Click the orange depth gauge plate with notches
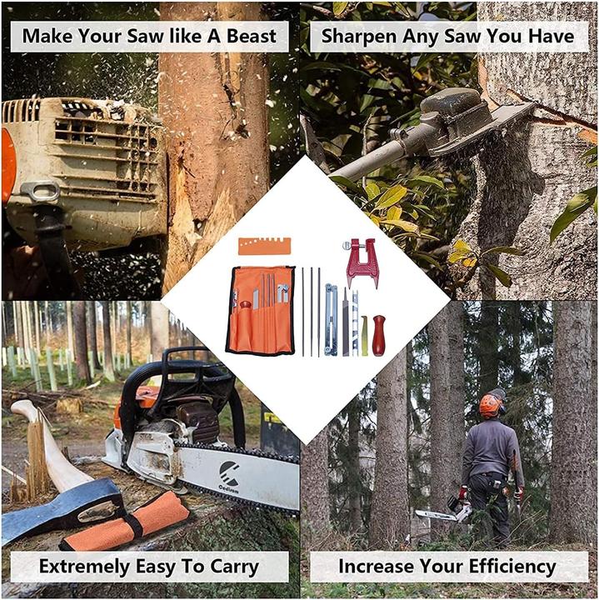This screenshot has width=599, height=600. (264, 245)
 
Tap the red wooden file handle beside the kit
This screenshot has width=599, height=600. (378, 334)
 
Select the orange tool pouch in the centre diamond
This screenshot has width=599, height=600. (259, 310)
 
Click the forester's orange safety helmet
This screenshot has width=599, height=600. (491, 405)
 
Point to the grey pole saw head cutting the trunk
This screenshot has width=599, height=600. (454, 120)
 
